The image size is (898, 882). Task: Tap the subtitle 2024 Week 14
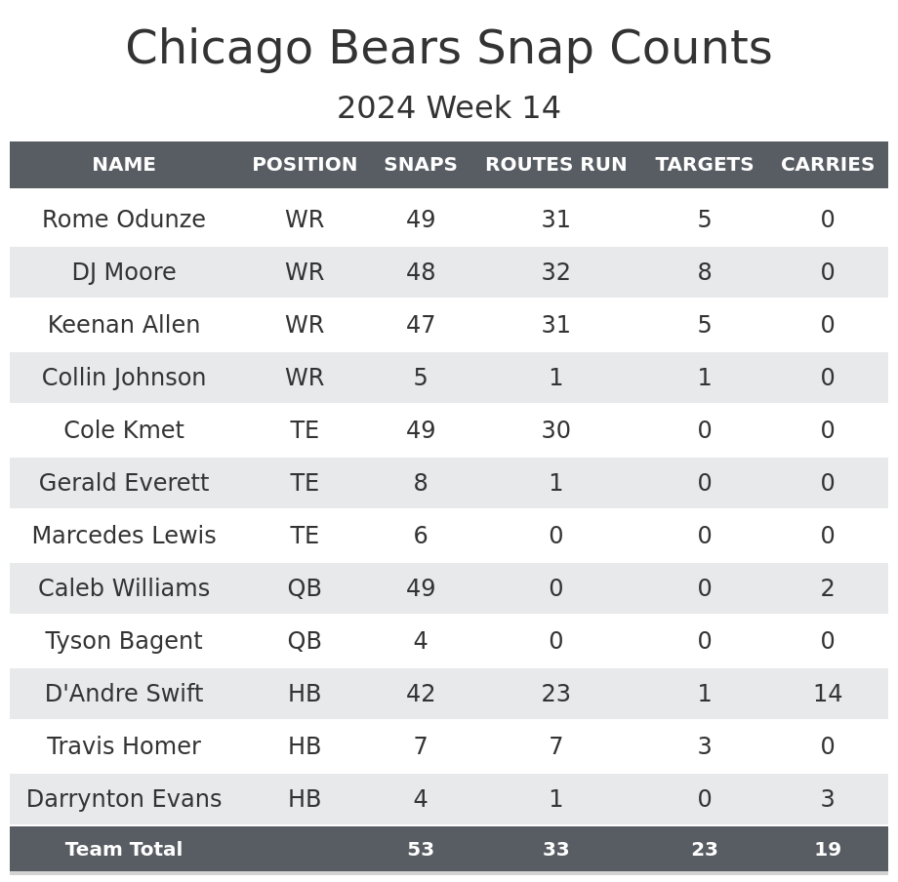point(449,108)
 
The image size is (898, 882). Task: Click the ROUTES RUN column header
point(555,165)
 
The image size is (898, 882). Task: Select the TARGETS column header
point(704,165)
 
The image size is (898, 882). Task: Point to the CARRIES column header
point(827,165)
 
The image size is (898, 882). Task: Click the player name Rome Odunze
point(124,220)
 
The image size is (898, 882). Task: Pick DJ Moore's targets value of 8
point(704,272)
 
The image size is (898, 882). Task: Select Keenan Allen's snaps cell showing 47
point(421,325)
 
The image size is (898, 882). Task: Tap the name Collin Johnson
point(124,378)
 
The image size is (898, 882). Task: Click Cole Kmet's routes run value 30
point(555,430)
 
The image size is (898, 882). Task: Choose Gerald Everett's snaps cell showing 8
point(421,483)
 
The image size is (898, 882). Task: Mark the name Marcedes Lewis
point(124,536)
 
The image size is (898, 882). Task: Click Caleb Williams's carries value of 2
point(827,588)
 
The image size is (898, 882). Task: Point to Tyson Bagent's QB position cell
point(305,641)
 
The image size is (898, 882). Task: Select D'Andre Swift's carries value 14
point(827,694)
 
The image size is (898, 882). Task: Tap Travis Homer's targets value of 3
point(704,746)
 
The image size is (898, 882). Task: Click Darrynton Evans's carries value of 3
point(827,799)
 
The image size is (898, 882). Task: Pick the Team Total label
point(124,850)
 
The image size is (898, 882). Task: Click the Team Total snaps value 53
point(421,850)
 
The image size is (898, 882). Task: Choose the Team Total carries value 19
point(827,850)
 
